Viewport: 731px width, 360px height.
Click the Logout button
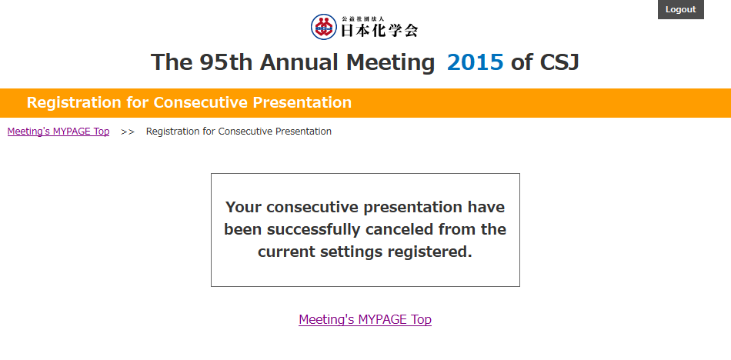coord(681,9)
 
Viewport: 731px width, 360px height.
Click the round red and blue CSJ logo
coord(323,27)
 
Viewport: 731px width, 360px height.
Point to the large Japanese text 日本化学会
coord(380,30)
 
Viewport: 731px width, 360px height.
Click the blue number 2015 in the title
coord(475,62)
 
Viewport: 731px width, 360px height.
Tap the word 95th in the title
coord(225,62)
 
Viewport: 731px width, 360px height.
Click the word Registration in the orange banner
coord(74,102)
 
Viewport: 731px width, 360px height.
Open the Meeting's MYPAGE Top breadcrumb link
coord(58,132)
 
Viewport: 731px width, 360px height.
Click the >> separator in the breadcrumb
coord(128,132)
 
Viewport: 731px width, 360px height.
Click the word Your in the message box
coord(243,207)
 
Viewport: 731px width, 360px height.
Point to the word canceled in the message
coord(400,229)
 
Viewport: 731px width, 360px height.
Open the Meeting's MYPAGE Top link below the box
coord(365,319)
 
